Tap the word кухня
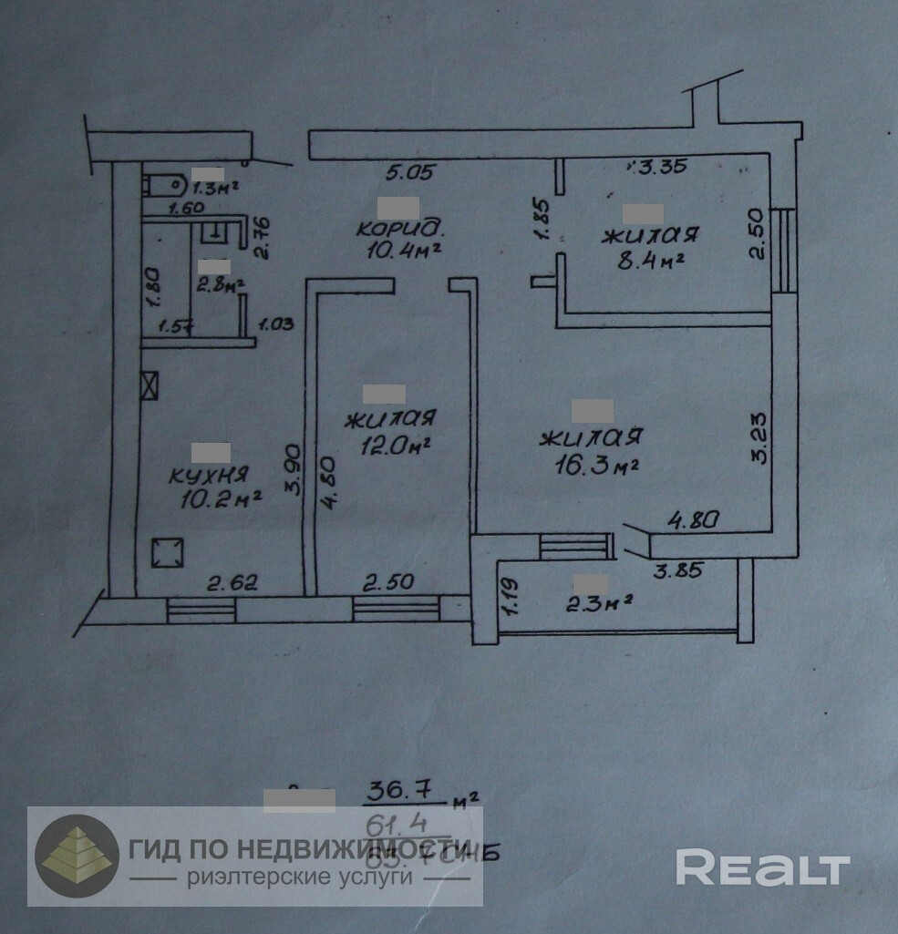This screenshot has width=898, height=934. [x=210, y=475]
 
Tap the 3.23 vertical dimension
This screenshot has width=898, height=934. [x=759, y=440]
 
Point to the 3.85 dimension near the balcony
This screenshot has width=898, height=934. [x=682, y=572]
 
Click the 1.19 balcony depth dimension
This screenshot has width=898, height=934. [x=510, y=594]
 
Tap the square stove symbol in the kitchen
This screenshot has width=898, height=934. [x=167, y=552]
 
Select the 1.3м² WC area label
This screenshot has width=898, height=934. [x=213, y=189]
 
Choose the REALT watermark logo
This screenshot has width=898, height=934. [x=761, y=867]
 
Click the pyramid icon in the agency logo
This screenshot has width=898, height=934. [x=77, y=856]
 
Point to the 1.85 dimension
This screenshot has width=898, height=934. [x=542, y=221]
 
